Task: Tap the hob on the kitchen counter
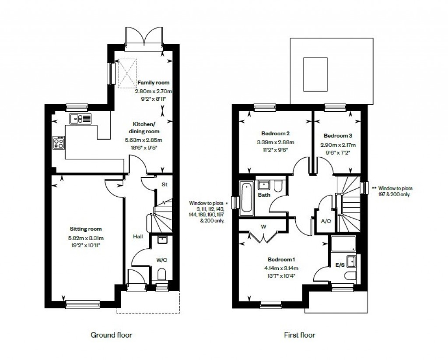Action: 59,142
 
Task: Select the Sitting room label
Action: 86,229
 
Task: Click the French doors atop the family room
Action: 144,35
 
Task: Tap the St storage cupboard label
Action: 164,185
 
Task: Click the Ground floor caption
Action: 111,335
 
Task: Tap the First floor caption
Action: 299,335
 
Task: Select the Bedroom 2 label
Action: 276,133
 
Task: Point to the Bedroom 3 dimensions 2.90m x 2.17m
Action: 337,145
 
